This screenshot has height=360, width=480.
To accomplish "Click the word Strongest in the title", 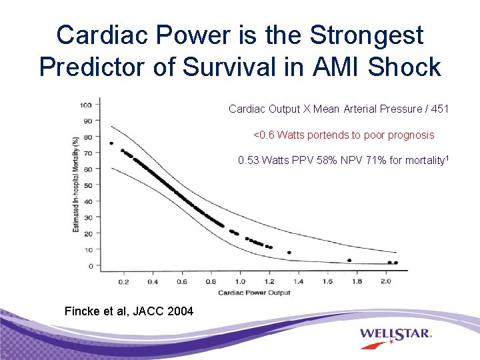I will click(x=359, y=35).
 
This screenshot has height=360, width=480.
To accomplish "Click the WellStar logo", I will click(x=396, y=334).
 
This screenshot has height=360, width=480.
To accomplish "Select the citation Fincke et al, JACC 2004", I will click(x=129, y=311).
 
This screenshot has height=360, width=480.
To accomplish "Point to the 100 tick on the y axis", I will click(x=87, y=105).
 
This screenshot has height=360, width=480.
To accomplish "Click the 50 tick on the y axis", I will click(x=88, y=185).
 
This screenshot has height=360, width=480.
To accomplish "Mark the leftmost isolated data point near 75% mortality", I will click(x=111, y=143).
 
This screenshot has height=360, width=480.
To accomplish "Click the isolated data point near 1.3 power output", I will click(x=289, y=253).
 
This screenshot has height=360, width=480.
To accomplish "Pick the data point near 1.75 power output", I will click(x=349, y=261).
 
